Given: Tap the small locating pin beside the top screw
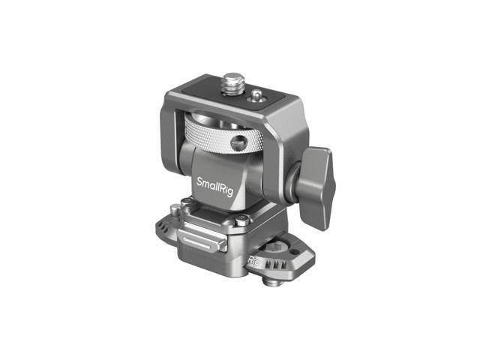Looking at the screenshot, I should [x=257, y=94].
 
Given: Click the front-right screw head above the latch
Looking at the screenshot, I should [x=241, y=220].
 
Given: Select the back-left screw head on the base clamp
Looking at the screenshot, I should [x=185, y=202].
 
